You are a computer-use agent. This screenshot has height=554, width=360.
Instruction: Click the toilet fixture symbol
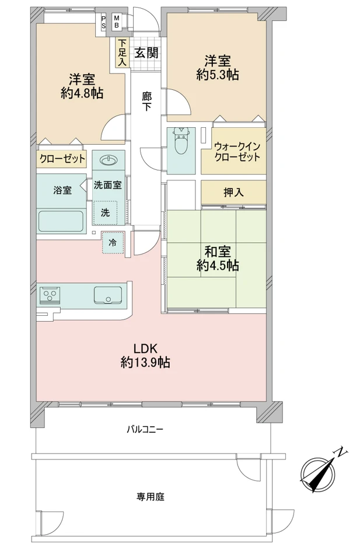(x=181, y=141)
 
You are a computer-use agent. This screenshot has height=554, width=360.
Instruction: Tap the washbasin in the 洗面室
(x=109, y=161)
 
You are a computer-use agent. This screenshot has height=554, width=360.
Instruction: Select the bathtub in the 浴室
(x=61, y=221)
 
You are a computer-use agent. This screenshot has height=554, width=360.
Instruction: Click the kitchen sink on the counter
(x=108, y=295)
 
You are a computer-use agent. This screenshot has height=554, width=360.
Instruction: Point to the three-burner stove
(x=50, y=295)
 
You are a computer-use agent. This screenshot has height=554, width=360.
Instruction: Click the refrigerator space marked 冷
(x=113, y=242)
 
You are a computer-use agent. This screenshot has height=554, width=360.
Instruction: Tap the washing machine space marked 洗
(x=105, y=212)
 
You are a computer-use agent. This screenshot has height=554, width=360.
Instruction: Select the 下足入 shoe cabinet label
(x=122, y=53)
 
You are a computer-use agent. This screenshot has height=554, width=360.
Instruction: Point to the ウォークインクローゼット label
(x=237, y=152)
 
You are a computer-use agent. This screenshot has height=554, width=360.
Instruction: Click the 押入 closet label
(x=233, y=192)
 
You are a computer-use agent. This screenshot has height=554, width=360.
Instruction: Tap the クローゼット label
(x=62, y=158)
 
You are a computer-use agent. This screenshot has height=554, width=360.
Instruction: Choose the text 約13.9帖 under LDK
(x=145, y=362)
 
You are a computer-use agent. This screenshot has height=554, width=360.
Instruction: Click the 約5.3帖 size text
(x=218, y=75)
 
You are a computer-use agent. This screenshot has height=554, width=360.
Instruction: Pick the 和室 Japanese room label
(x=218, y=252)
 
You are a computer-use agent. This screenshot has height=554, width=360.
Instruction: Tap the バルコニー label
(x=145, y=430)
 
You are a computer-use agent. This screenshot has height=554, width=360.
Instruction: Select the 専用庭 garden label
(x=151, y=497)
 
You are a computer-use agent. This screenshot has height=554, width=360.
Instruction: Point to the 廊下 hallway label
(x=146, y=101)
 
